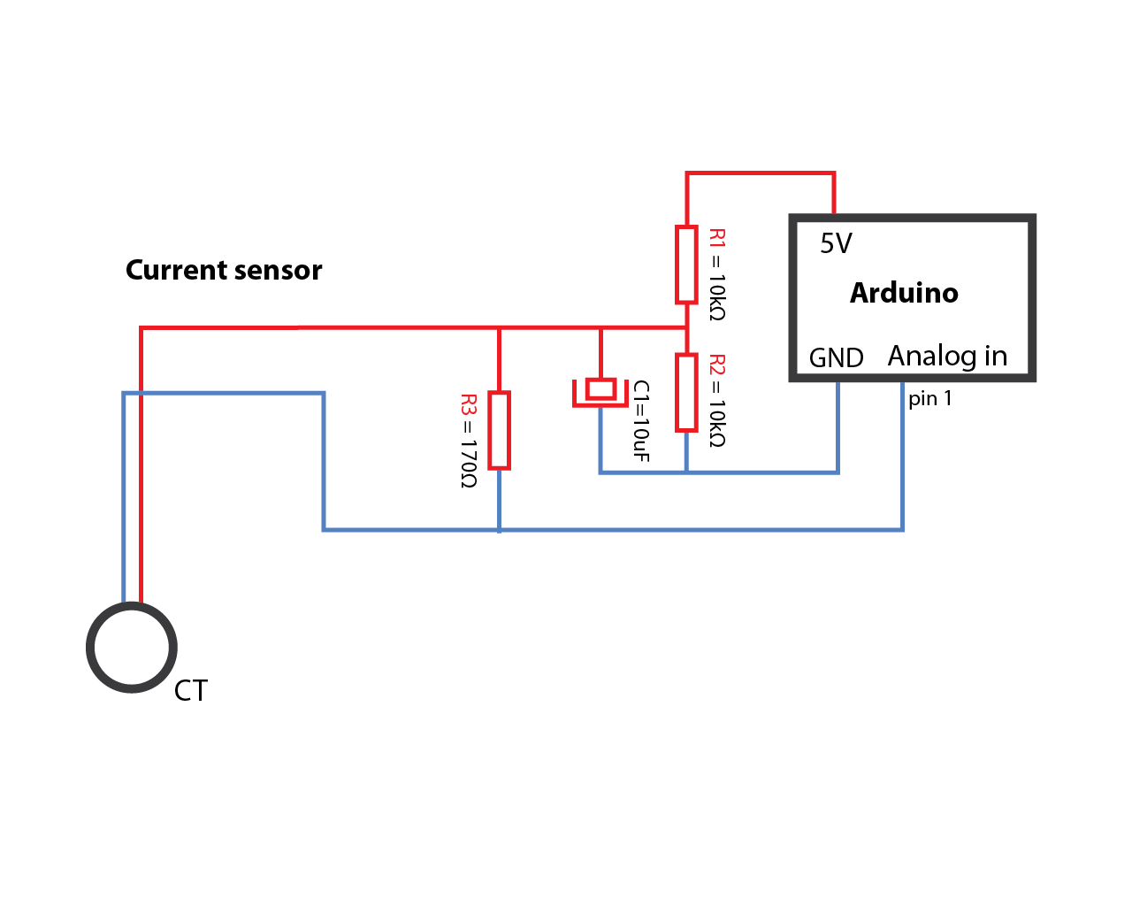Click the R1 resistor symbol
coord(686,265)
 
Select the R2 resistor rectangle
coord(686,393)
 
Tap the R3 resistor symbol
coord(499,430)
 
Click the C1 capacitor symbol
coord(600,392)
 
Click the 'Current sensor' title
coord(224,270)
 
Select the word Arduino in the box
coord(904,293)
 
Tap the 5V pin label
coord(836,243)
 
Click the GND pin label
coord(836,358)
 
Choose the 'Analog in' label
coord(947,357)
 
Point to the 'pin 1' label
coord(930,398)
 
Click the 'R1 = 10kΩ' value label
coord(717,274)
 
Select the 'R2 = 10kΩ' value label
coord(717,401)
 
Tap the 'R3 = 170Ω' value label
coord(468,441)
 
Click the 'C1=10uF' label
coord(641,421)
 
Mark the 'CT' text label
coord(191,691)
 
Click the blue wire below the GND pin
coord(838,427)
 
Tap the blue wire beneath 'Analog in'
coord(903,456)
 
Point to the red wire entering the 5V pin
coord(834,193)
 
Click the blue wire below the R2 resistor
coord(686,452)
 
